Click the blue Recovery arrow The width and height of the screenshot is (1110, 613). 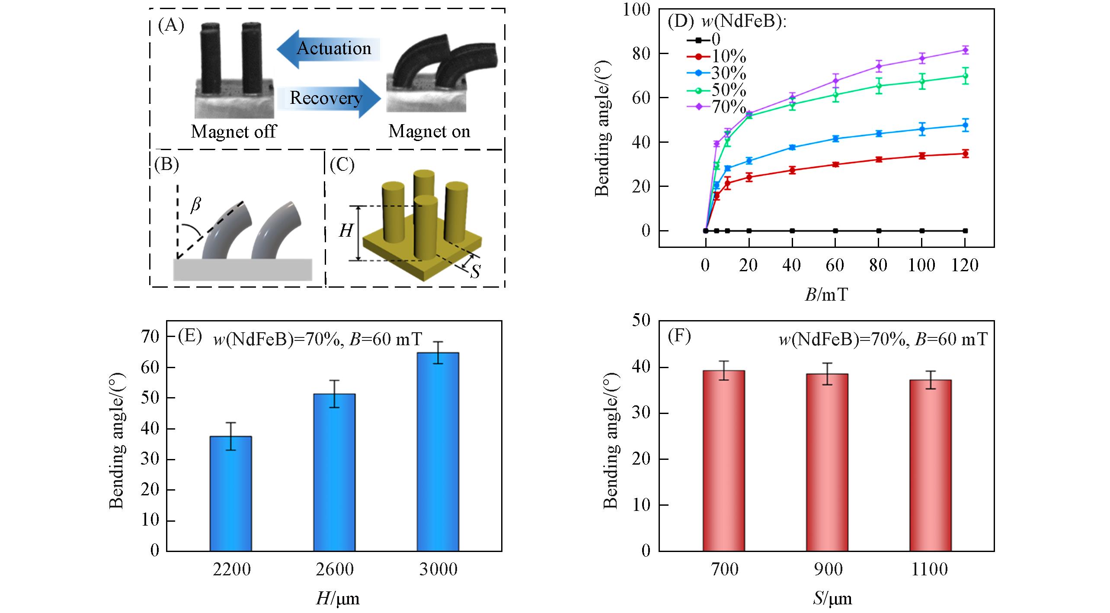click(329, 98)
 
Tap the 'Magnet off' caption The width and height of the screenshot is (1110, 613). click(234, 131)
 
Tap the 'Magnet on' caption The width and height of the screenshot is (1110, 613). click(429, 131)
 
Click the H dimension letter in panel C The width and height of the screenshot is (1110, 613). click(345, 231)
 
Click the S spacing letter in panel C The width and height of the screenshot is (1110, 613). click(475, 272)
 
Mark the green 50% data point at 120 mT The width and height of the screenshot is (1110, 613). click(965, 76)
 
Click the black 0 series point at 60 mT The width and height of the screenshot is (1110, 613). click(835, 231)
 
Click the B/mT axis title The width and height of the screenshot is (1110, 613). click(826, 295)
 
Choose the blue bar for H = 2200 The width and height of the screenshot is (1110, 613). click(230, 493)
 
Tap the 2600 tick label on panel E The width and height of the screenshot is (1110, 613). click(334, 569)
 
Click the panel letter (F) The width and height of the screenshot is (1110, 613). click(679, 337)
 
